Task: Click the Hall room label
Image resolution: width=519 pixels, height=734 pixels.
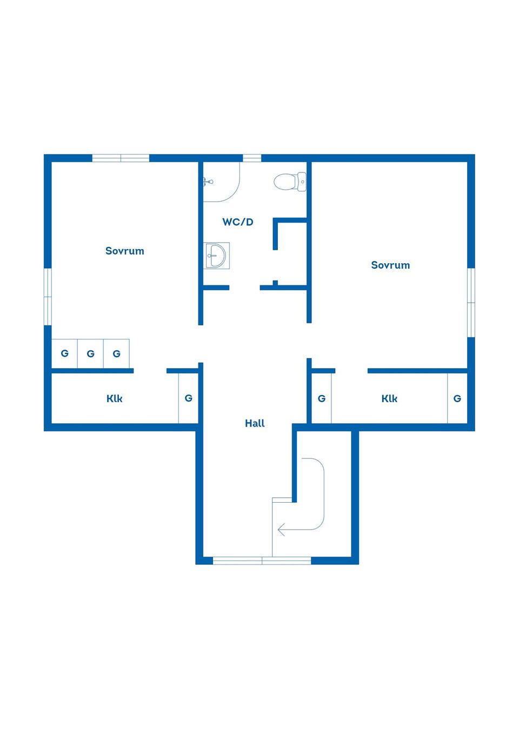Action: click(255, 423)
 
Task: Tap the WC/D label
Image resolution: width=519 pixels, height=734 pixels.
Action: click(238, 222)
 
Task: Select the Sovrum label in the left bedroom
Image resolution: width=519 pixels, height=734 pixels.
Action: click(124, 251)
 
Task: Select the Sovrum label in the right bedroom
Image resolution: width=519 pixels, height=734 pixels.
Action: click(390, 265)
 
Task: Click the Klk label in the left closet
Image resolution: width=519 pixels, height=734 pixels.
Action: click(115, 398)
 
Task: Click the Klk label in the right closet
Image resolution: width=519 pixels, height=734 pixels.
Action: click(389, 398)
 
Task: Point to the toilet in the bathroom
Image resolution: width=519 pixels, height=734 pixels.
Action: click(290, 182)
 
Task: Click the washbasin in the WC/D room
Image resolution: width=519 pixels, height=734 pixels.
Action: click(216, 256)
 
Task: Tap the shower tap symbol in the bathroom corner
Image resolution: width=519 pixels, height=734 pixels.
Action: click(208, 182)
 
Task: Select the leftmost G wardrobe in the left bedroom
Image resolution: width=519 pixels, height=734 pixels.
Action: click(64, 353)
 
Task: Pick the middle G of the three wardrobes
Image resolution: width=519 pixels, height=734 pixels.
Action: click(90, 353)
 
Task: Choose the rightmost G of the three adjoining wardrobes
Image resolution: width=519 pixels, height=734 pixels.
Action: click(116, 353)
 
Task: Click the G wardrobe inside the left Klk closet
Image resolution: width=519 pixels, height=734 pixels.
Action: click(188, 398)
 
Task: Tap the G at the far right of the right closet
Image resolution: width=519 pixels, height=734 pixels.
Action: click(457, 398)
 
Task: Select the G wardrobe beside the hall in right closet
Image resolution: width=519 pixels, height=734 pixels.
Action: click(322, 398)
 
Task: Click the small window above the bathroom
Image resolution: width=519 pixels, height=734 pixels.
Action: click(251, 158)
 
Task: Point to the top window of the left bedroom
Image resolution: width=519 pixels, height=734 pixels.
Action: click(121, 158)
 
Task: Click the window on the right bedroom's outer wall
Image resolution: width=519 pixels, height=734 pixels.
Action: click(471, 303)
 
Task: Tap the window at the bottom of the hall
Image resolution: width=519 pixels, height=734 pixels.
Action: click(262, 560)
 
